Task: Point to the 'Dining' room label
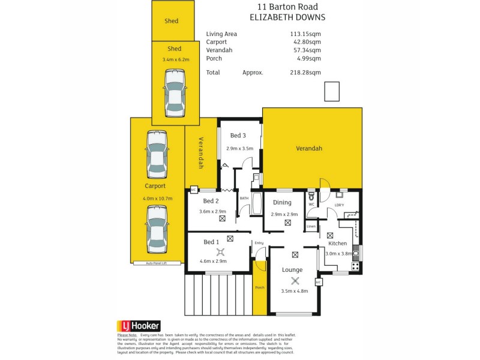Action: (282, 203)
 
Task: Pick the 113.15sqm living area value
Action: (305, 34)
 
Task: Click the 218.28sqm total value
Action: (305, 73)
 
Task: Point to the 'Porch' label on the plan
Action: (260, 287)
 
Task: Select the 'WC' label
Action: (311, 205)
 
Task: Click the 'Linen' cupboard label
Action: (311, 227)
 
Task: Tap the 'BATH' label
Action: (244, 197)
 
